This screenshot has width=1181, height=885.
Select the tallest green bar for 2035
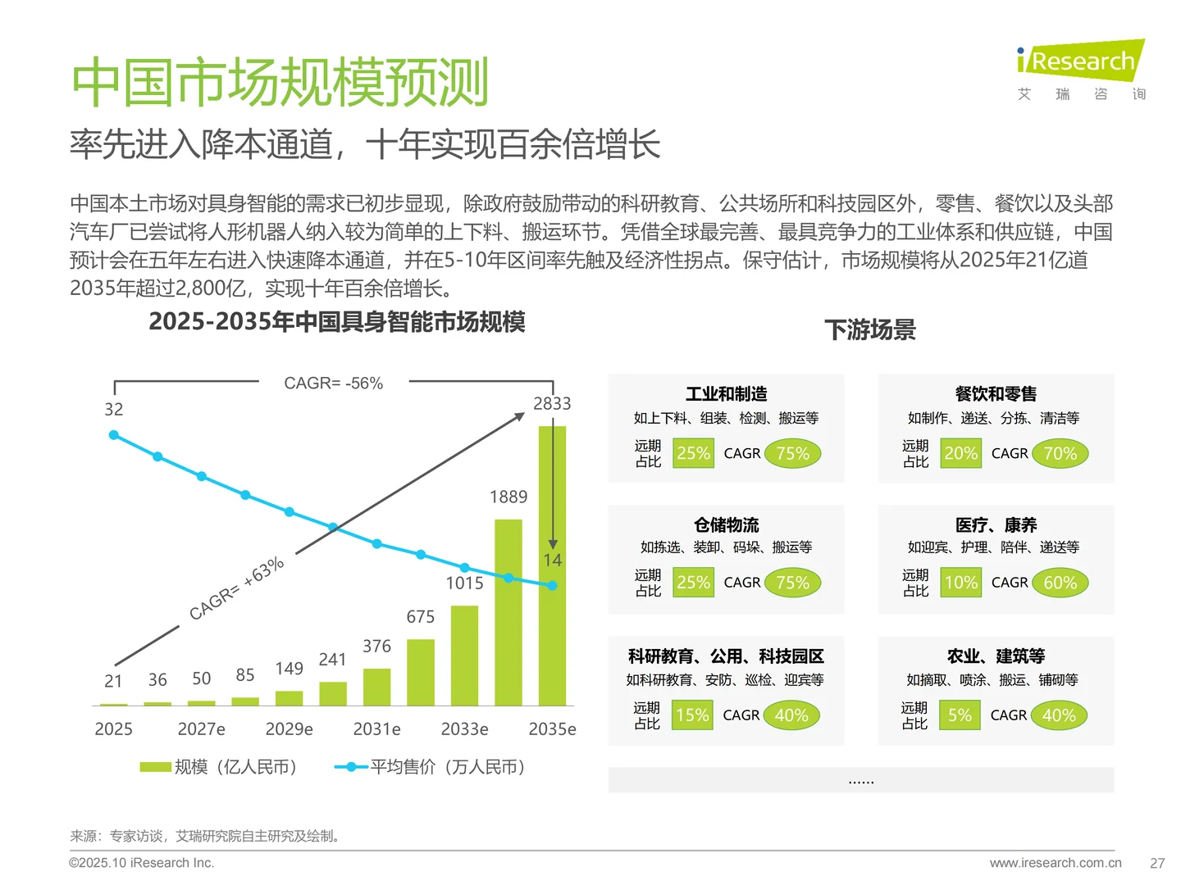552,565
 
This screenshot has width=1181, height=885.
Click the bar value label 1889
508,497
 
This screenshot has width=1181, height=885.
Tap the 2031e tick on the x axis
376,729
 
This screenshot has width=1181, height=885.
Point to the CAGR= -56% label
333,383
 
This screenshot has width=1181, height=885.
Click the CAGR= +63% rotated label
236,588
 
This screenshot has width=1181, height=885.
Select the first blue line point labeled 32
114,435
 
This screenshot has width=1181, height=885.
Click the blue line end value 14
552,560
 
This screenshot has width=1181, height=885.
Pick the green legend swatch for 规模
155,767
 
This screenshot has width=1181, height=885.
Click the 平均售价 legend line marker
351,767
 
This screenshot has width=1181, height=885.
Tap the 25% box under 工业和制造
693,453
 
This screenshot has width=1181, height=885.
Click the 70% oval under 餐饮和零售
1060,453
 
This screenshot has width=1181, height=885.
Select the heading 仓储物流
726,525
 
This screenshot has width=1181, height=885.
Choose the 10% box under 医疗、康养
960,583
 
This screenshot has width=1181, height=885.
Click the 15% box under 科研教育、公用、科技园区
692,715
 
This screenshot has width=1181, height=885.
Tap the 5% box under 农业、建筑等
960,715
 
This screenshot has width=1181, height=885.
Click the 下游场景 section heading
869,330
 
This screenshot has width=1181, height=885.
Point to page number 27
1157,863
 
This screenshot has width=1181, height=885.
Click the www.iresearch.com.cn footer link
1055,863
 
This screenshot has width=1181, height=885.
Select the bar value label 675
421,617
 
